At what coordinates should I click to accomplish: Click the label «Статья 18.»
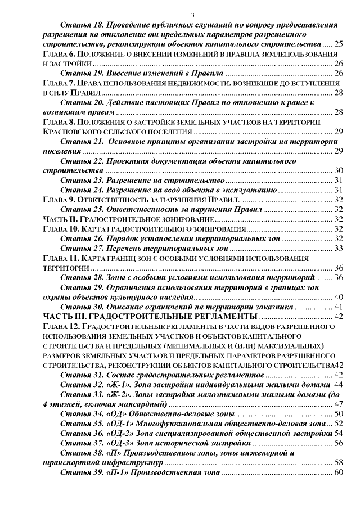[79, 25]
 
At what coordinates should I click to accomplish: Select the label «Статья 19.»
[79, 73]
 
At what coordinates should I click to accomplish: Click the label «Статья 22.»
[79, 161]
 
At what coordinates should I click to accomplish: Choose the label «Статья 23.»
[79, 180]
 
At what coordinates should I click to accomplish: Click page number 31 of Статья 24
[339, 190]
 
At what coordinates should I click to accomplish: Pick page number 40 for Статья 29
[339, 297]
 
